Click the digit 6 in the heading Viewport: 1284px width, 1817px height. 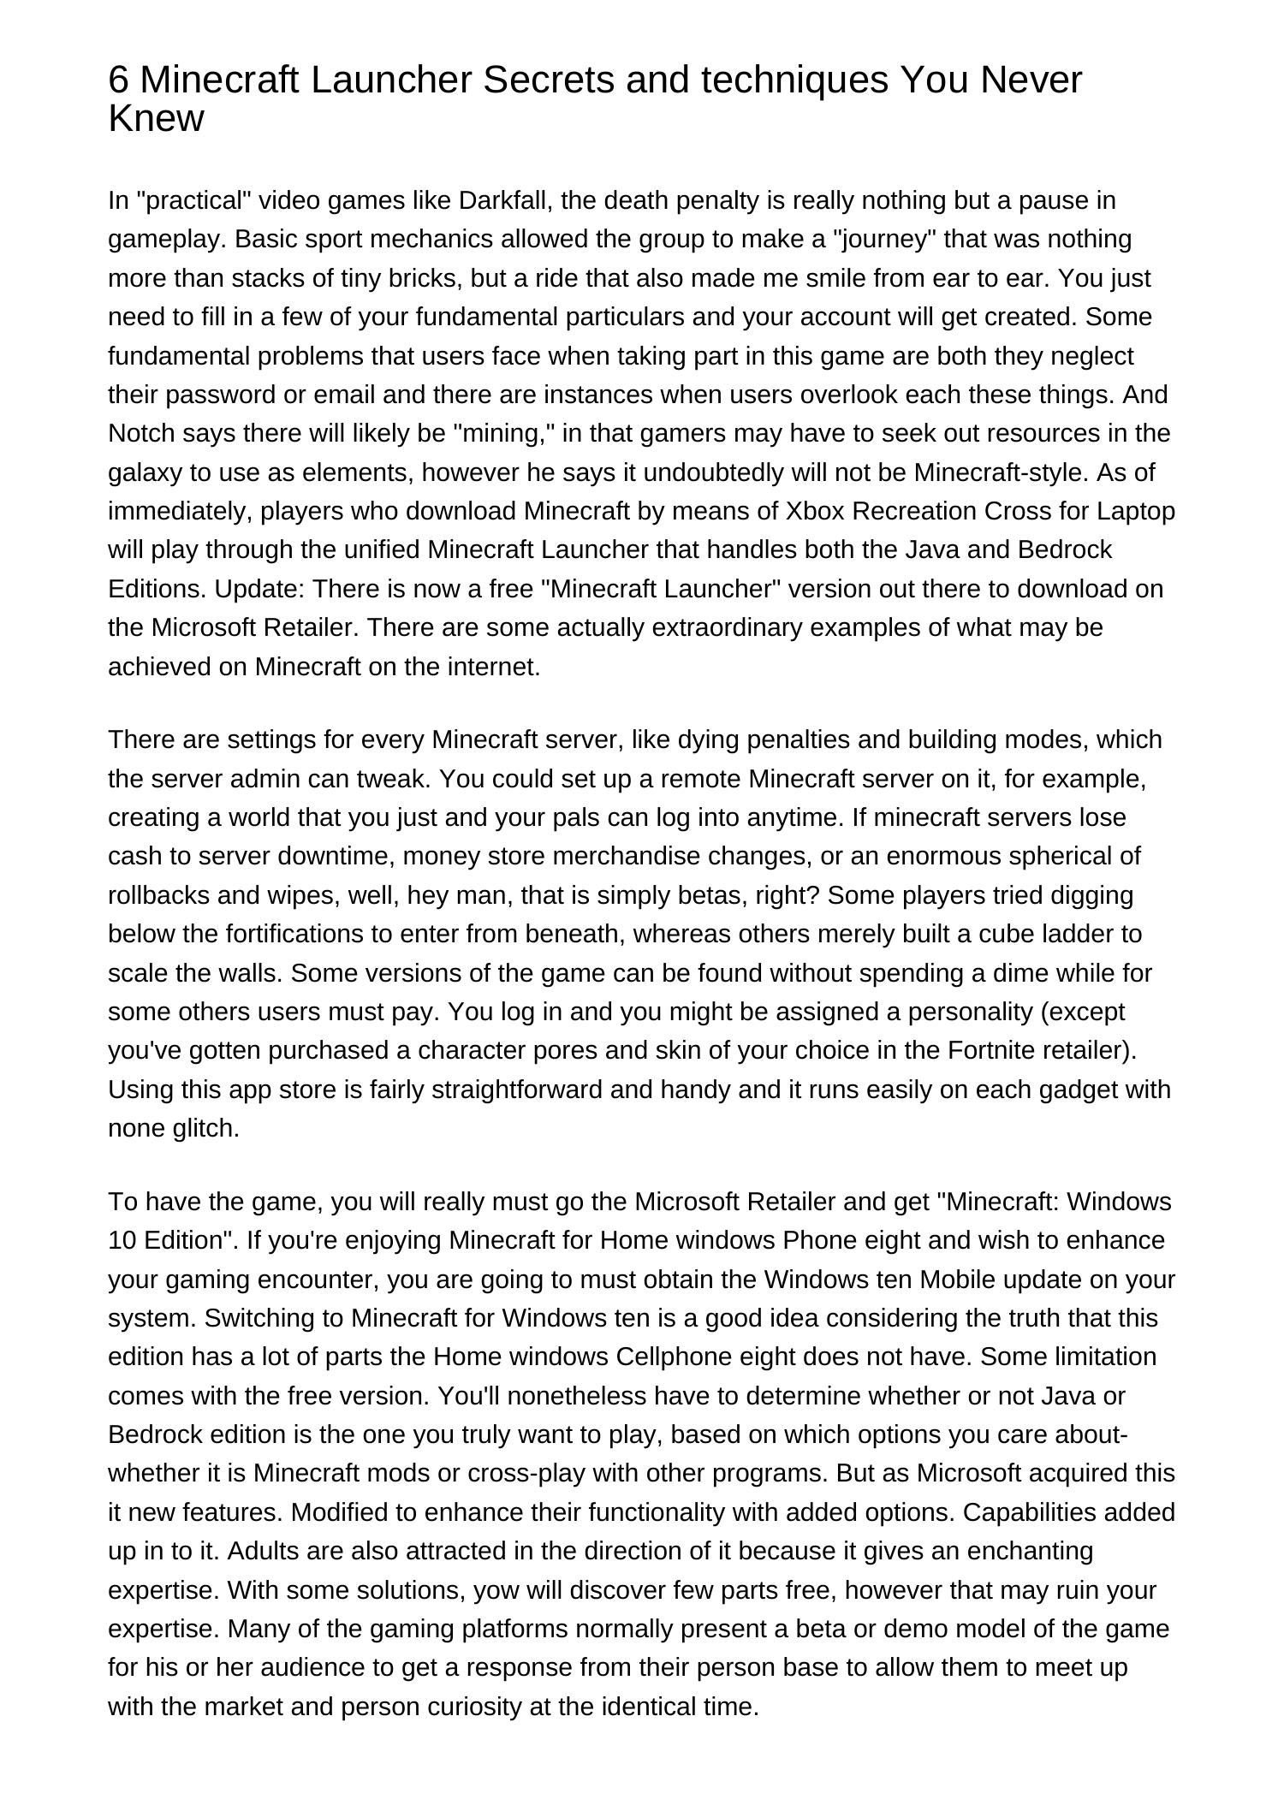(x=119, y=81)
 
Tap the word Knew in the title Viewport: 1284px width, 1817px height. (x=156, y=119)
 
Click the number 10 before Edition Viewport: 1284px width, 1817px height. (x=122, y=1240)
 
